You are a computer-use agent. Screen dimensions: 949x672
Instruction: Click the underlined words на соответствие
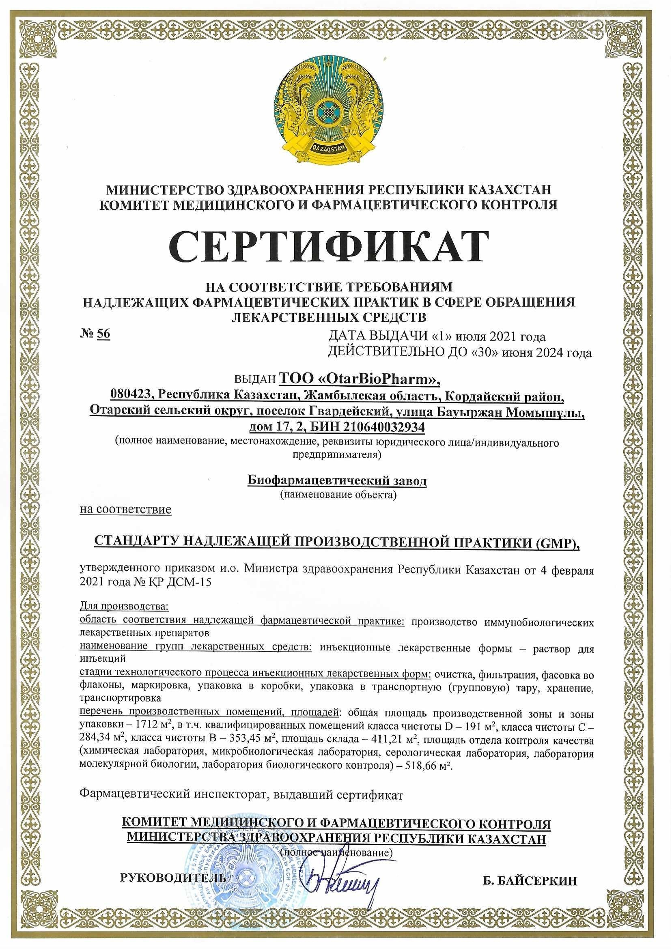[x=125, y=509]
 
